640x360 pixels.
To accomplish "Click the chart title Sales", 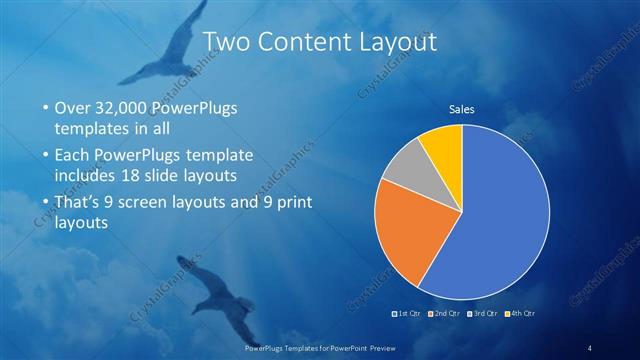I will tap(461, 109).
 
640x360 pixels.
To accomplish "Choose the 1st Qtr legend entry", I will tap(408, 314).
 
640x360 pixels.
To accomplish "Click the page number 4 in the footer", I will tap(590, 347).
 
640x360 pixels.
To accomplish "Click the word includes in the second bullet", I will tap(88, 175).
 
